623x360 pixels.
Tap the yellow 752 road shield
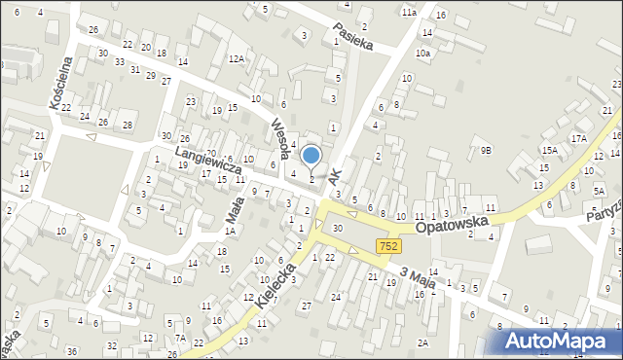click(x=388, y=247)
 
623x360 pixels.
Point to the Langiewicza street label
click(x=207, y=161)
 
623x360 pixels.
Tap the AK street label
click(x=337, y=176)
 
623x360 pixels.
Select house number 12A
click(x=236, y=59)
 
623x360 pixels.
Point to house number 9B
click(x=486, y=150)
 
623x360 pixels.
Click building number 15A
click(x=550, y=150)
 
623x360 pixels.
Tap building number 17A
click(x=578, y=139)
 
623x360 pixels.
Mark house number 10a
click(x=422, y=54)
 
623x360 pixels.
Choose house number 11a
click(x=408, y=12)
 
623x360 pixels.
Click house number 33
click(x=119, y=61)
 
